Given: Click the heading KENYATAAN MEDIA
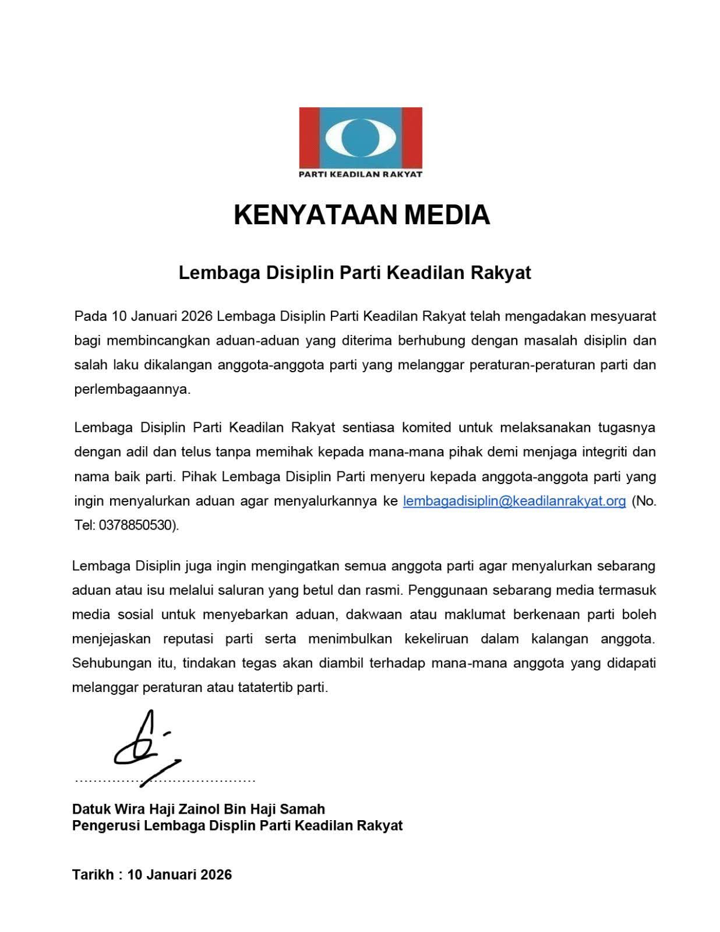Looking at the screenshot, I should point(361,214).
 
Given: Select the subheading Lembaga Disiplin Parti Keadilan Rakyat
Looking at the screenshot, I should point(355,273).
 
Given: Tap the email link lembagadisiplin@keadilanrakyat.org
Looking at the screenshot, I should point(514,501).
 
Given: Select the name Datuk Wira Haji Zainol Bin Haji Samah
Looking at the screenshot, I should point(199,809).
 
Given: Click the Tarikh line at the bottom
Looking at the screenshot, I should point(152,874).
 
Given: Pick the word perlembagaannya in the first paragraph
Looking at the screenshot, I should point(132,389).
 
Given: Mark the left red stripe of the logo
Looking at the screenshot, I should point(308,137).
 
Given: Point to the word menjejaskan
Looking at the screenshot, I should point(111,638).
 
